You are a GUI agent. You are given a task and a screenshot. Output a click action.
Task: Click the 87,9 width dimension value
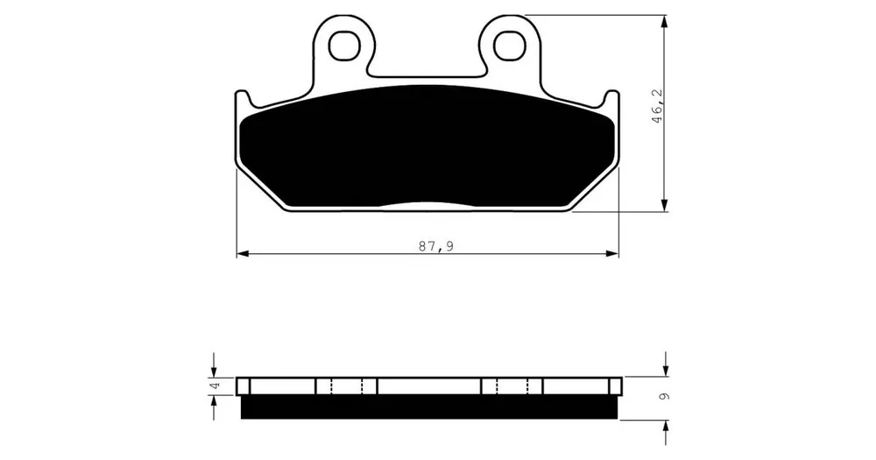point(435,246)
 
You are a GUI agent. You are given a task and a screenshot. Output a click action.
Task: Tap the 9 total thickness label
point(664,397)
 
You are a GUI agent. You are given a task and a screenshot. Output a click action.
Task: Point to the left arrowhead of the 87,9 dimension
point(242,254)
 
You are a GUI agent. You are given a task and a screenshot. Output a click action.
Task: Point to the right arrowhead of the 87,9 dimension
point(613,254)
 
